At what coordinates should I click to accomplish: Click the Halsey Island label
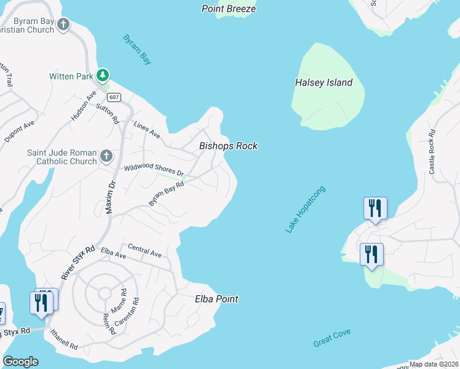coord(323,82)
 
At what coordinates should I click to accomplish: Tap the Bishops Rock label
coord(228,146)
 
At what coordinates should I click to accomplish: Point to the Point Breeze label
coord(229,9)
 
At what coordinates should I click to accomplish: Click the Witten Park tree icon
coord(103,76)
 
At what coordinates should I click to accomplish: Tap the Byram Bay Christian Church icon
coord(63,25)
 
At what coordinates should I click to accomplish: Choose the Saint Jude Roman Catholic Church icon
coord(106,156)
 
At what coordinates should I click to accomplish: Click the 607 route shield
coord(113,97)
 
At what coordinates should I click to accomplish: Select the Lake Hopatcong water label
coord(305,209)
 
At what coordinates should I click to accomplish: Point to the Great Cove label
coord(331,338)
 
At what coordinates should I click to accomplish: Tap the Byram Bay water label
coord(137,49)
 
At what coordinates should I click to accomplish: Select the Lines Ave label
coord(146,129)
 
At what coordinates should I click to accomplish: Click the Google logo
coord(20,362)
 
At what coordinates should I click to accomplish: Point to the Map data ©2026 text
coord(434,364)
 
